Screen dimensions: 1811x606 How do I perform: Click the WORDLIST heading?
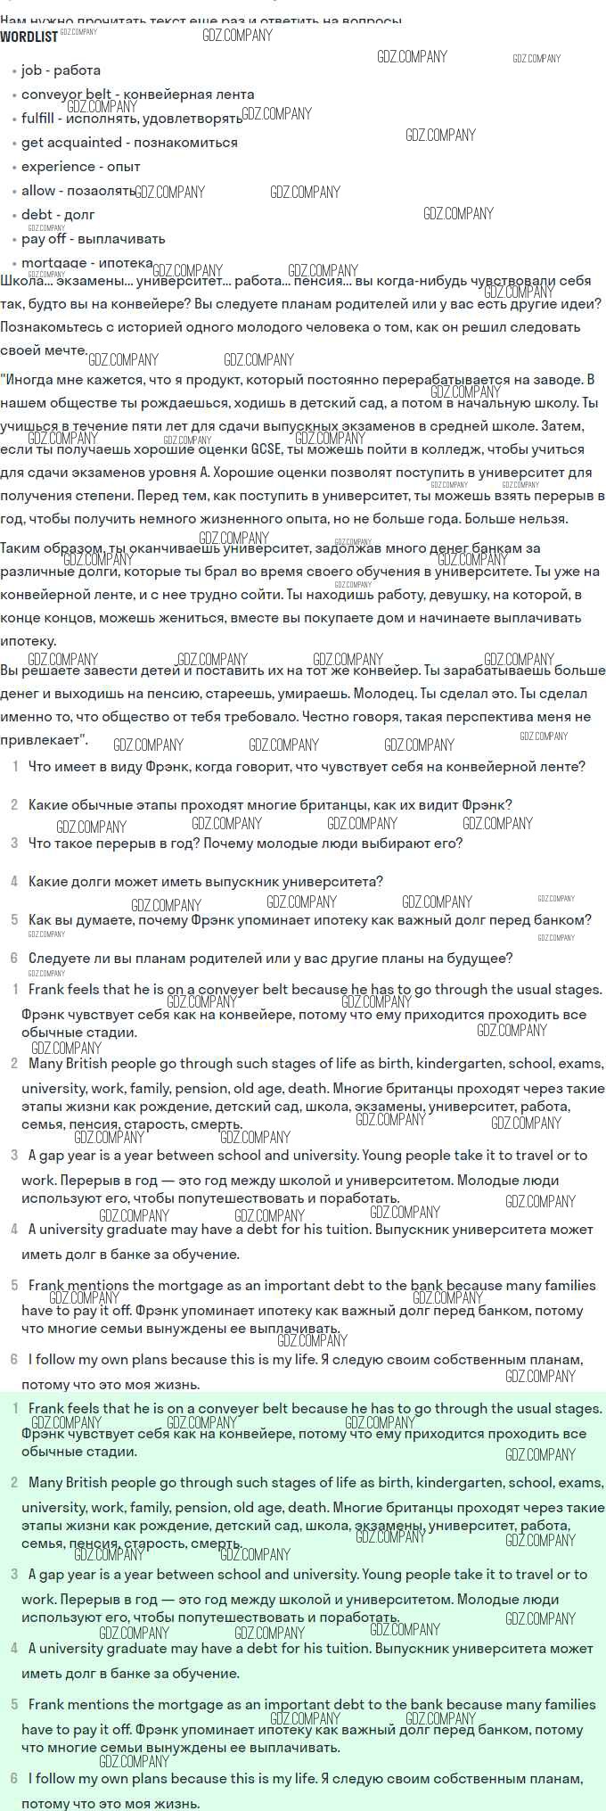click(29, 37)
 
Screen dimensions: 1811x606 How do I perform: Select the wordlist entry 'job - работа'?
click(61, 70)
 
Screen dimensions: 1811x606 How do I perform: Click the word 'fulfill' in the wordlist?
click(37, 119)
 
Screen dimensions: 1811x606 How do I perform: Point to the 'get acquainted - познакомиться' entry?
click(129, 143)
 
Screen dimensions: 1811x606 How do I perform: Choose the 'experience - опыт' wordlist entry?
click(80, 167)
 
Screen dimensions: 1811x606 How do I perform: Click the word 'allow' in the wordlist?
click(38, 191)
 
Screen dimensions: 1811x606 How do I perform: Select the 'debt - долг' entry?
click(58, 215)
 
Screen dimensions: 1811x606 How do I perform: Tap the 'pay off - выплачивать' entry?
click(93, 239)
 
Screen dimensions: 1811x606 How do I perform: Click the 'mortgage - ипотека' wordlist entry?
click(87, 263)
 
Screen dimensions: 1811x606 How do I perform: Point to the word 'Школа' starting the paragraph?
click(21, 281)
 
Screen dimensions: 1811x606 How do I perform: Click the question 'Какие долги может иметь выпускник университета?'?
click(205, 882)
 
